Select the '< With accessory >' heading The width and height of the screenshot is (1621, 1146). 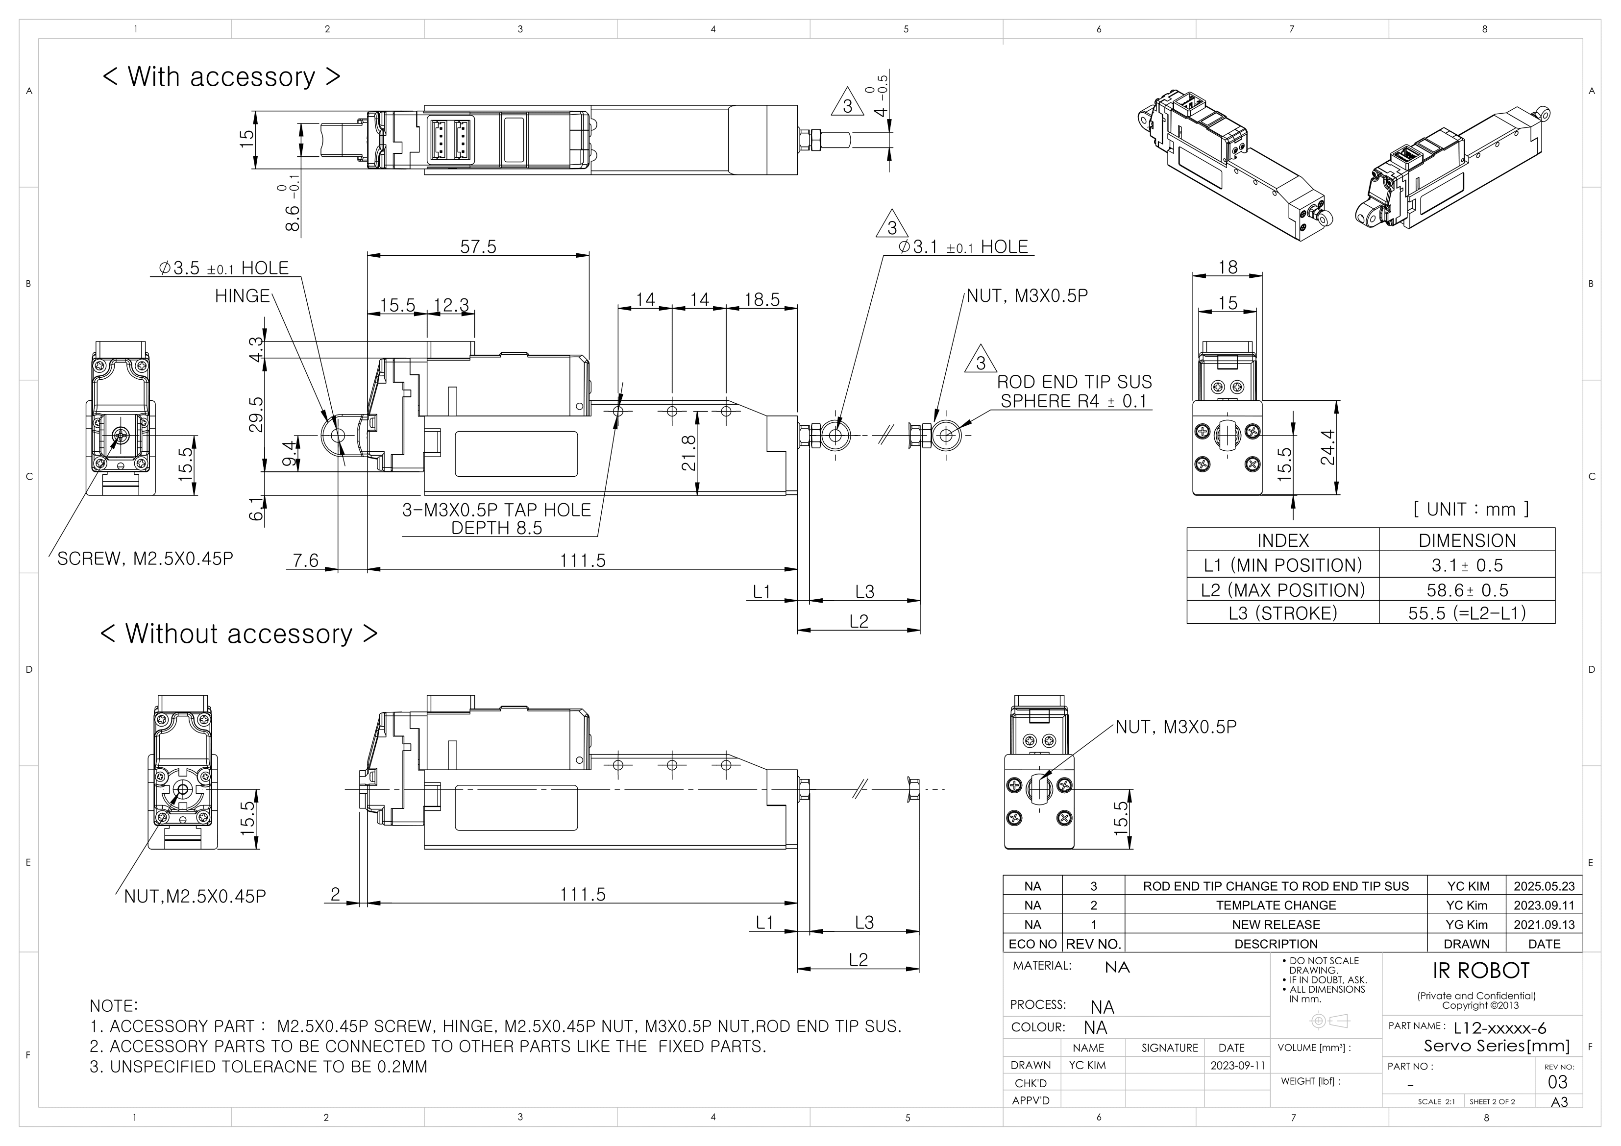coord(221,76)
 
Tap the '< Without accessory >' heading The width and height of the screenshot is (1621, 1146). coord(239,634)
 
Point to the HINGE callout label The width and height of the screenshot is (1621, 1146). coord(242,296)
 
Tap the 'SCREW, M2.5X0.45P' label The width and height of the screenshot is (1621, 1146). coord(145,559)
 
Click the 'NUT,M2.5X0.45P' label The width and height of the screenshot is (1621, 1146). coord(195,897)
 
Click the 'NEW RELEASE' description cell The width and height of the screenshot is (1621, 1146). coord(1275,924)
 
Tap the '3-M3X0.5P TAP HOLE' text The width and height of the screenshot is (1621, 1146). coord(496,510)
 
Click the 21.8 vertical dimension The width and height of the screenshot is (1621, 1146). coord(689,453)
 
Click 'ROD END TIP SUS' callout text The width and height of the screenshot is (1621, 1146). coord(1074,382)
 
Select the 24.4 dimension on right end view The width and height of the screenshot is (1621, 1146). coord(1327,448)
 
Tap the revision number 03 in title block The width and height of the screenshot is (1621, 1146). coord(1557,1082)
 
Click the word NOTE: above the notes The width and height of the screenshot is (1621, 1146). coord(114,1005)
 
